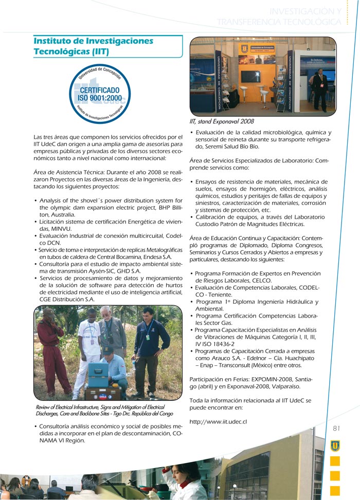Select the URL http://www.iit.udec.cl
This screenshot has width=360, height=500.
pyautogui.click(x=219, y=422)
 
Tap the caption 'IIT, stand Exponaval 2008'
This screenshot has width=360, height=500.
pyautogui.click(x=222, y=122)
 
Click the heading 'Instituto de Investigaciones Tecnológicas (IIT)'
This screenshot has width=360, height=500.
pyautogui.click(x=93, y=46)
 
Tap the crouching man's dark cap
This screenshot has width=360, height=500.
pyautogui.click(x=108, y=350)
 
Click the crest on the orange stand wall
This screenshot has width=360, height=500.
pyautogui.click(x=244, y=48)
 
